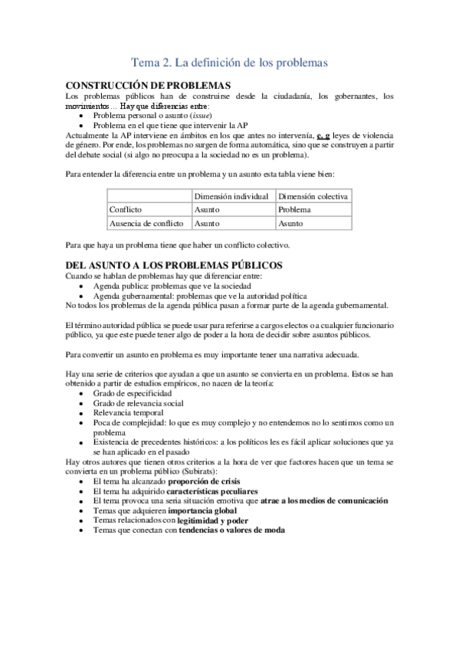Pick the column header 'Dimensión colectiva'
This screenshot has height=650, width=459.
pyautogui.click(x=313, y=196)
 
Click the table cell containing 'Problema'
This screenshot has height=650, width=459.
pyautogui.click(x=294, y=209)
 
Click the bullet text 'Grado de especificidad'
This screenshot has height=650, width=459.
pyautogui.click(x=133, y=392)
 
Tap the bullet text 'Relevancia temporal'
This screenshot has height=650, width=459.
pyautogui.click(x=128, y=412)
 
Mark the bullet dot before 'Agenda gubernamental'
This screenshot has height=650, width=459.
pyautogui.click(x=81, y=296)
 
